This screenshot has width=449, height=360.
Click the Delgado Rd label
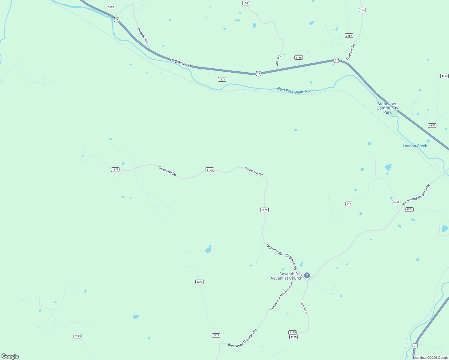[143, 35]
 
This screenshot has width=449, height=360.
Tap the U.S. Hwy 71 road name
[180, 63]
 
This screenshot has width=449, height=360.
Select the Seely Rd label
[278, 61]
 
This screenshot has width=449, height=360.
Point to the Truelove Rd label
[350, 52]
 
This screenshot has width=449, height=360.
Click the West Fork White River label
[295, 90]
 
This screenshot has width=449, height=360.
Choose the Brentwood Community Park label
[387, 108]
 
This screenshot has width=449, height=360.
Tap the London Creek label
[414, 146]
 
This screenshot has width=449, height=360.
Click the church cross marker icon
[307, 275]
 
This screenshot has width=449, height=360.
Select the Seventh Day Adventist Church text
[286, 276]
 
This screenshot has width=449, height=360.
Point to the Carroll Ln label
[304, 307]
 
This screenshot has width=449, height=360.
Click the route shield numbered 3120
[111, 7]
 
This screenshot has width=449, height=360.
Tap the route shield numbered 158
[246, 3]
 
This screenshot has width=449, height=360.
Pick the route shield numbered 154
[362, 10]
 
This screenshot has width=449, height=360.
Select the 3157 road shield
[349, 35]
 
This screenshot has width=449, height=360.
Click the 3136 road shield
[298, 57]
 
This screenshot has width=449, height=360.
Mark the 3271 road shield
[222, 79]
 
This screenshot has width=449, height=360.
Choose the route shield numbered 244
[348, 204]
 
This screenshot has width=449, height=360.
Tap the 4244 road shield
[396, 202]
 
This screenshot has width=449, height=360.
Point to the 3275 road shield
[77, 336]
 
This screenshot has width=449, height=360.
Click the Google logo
[10, 356]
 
